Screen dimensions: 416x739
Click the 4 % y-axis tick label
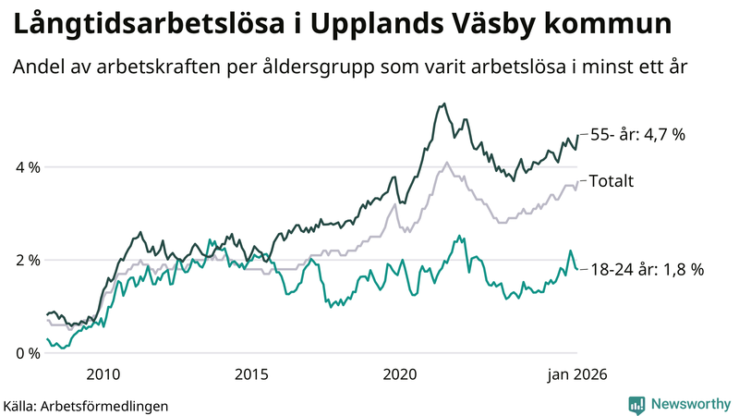[x=27, y=167]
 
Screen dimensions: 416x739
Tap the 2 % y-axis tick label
[x=27, y=260]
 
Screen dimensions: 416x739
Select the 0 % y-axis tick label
[x=27, y=353]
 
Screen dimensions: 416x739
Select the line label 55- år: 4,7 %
[x=637, y=135]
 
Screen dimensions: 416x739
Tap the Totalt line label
[x=611, y=181]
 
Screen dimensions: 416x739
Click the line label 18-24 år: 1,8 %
[x=647, y=270]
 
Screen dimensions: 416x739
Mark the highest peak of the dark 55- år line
[x=444, y=104]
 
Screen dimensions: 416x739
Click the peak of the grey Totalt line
[x=447, y=163]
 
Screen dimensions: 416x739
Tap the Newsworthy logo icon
[x=636, y=404]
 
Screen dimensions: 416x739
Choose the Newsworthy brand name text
[x=688, y=404]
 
